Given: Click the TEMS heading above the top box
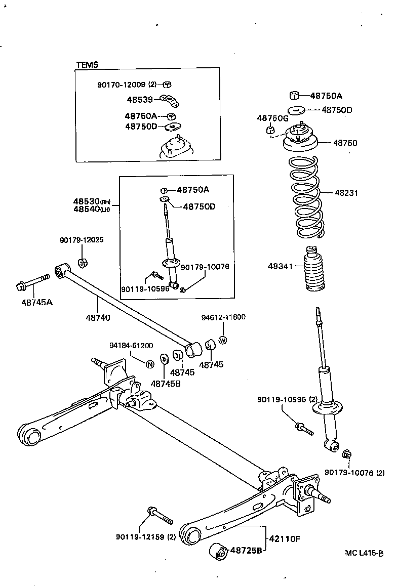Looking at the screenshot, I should [x=87, y=65].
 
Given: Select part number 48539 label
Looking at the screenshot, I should [x=139, y=100].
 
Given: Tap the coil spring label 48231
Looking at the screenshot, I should [x=346, y=193].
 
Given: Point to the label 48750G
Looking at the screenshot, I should [x=272, y=118].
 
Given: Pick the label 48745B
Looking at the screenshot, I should [x=166, y=383].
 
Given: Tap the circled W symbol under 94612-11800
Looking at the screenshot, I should [x=223, y=340].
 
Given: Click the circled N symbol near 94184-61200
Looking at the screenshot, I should [x=150, y=364].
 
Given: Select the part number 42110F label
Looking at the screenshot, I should [x=284, y=538].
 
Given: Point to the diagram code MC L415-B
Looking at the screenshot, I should [x=365, y=554].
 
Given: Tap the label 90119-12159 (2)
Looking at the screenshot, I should [x=145, y=537].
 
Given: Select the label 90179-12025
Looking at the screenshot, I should [x=82, y=240].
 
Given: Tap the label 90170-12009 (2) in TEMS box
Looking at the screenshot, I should [x=127, y=85].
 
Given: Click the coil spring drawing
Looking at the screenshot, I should [x=305, y=197].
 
